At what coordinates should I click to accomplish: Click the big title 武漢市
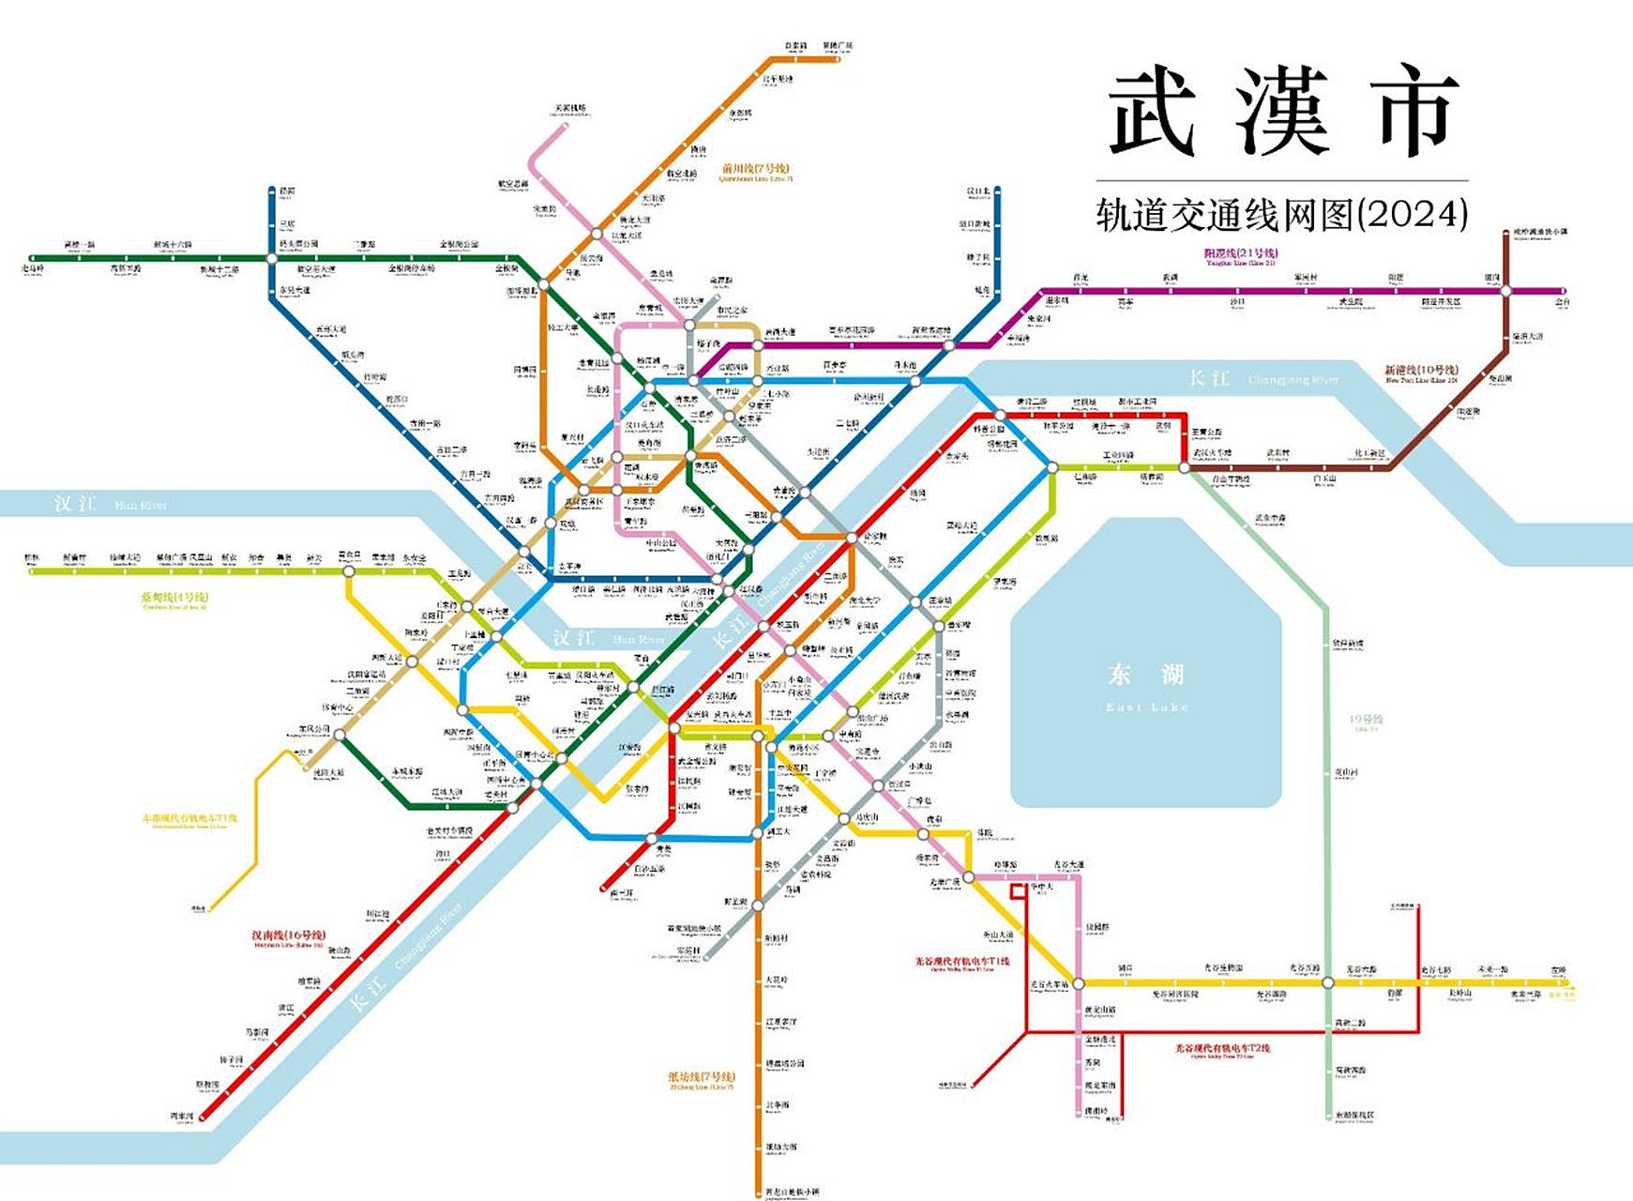tap(1282, 113)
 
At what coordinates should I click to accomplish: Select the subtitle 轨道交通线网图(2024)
tap(1281, 215)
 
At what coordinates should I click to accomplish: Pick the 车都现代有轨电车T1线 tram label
tap(189, 818)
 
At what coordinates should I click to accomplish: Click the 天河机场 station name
tap(570, 110)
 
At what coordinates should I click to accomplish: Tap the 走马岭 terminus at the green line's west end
tap(34, 269)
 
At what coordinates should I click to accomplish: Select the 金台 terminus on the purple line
tap(1562, 302)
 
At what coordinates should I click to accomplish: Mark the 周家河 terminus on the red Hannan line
tap(182, 1117)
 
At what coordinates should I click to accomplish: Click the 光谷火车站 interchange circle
tap(1078, 983)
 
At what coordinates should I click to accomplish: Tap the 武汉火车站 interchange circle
tap(1185, 466)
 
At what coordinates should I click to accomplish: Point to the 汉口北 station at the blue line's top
tap(979, 191)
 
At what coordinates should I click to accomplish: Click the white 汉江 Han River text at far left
tap(75, 504)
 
